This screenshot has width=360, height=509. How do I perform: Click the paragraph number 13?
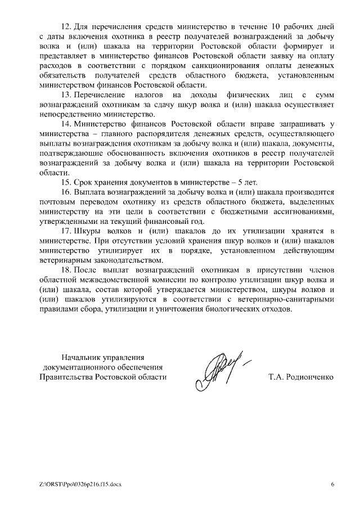65,96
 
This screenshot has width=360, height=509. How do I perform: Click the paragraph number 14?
65,123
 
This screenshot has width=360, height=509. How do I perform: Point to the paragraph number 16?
65,192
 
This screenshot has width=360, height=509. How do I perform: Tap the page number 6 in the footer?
332,484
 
